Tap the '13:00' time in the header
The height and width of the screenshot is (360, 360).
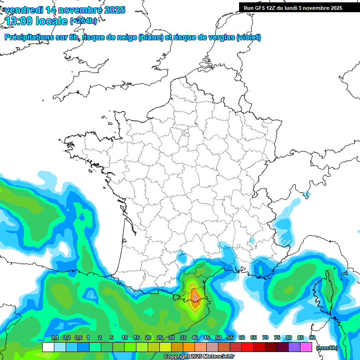(19, 21)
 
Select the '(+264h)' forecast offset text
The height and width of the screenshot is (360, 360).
(83, 21)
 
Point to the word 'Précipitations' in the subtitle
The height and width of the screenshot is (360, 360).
(29, 37)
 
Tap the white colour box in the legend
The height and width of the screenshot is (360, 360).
(48, 347)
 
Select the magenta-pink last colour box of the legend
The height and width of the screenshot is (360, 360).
(306, 347)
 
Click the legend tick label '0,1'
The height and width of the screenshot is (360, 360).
(54, 338)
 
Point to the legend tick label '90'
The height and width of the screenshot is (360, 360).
(312, 338)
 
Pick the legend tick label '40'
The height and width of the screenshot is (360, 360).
(195, 338)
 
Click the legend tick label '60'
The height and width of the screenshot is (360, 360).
(241, 338)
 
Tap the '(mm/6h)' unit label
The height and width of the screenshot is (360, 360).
(327, 348)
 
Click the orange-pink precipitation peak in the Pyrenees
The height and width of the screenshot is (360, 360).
(195, 296)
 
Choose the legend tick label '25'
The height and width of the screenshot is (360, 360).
(160, 338)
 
